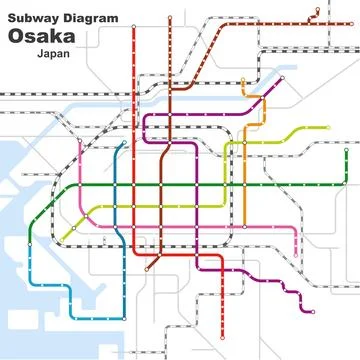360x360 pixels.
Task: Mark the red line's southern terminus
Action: (x=147, y=268)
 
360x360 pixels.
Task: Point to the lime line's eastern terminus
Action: (x=327, y=128)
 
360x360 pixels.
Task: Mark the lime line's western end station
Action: (x=61, y=240)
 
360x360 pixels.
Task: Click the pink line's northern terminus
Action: (x=80, y=141)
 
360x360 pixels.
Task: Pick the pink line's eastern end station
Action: (x=296, y=254)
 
